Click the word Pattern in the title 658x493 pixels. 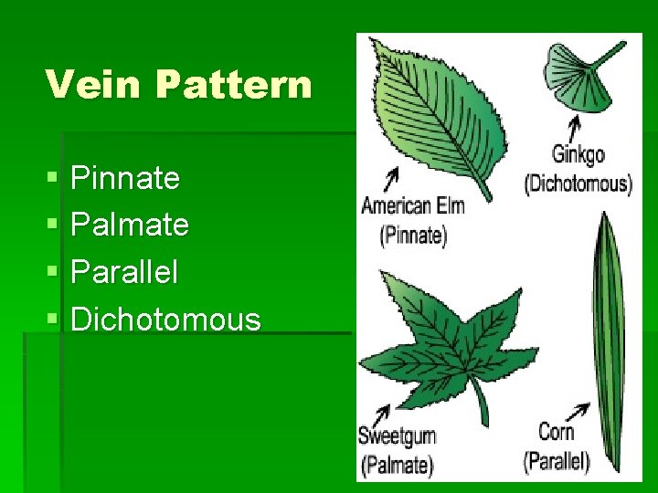tap(233, 85)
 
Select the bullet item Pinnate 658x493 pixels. tap(125, 178)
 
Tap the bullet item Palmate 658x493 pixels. tap(130, 225)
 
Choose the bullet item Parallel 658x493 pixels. tap(124, 272)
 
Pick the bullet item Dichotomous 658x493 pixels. tap(165, 320)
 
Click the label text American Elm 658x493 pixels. tap(413, 205)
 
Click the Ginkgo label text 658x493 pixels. tap(578, 155)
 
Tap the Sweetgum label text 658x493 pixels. tap(398, 435)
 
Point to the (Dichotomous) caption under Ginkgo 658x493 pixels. tap(578, 183)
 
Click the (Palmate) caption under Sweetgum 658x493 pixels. tap(397, 463)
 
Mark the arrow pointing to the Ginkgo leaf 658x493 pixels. tap(576, 126)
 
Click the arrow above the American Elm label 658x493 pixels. tap(391, 177)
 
